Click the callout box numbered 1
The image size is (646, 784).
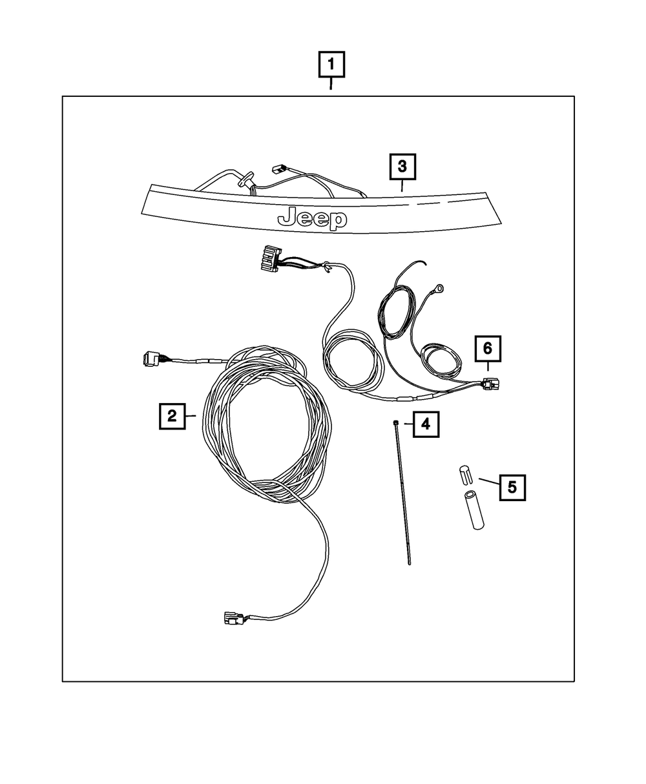(x=331, y=64)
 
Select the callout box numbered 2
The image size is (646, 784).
(x=172, y=416)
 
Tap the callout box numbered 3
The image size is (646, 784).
(x=402, y=167)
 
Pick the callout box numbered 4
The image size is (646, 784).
(x=426, y=424)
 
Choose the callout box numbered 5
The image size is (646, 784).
(x=512, y=488)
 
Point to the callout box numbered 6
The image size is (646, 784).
(x=488, y=349)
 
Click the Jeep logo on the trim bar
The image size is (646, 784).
(x=312, y=218)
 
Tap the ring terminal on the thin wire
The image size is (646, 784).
(x=437, y=289)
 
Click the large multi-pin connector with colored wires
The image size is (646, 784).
(x=272, y=258)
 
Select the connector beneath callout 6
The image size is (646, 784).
(x=490, y=384)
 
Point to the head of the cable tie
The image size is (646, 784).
(x=395, y=423)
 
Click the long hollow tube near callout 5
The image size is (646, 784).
(x=474, y=510)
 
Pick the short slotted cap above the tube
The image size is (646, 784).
(x=464, y=475)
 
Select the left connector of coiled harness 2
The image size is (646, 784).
(x=151, y=358)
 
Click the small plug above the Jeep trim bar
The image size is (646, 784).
(x=278, y=169)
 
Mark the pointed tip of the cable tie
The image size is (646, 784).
(x=410, y=574)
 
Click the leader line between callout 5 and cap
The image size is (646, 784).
(x=489, y=481)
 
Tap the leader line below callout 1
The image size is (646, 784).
(x=331, y=83)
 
